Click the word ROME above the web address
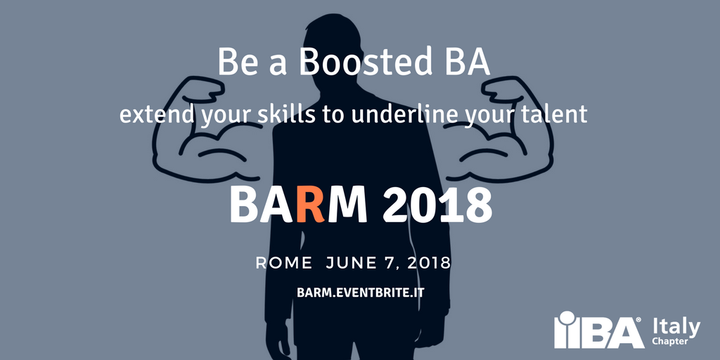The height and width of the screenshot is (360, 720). point(284,263)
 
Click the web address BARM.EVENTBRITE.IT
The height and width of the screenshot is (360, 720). point(360,292)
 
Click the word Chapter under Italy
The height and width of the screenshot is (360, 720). point(669,342)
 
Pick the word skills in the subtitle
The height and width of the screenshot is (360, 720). point(291,115)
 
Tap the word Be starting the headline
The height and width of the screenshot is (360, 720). point(235,63)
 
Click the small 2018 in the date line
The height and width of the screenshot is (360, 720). point(427,263)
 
